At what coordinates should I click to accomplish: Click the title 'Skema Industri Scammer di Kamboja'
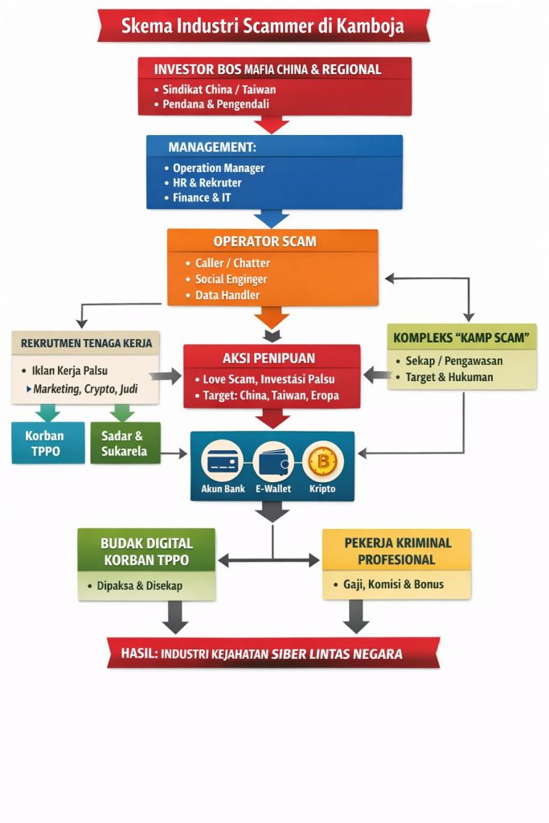[263, 26]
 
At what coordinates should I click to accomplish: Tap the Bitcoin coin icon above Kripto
[323, 461]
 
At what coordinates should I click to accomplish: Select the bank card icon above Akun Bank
[223, 461]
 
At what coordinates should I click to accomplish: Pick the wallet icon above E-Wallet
[273, 461]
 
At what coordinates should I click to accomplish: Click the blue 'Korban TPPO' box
[47, 443]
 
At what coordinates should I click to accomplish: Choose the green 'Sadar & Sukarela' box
[125, 443]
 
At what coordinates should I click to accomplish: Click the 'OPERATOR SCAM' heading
[264, 241]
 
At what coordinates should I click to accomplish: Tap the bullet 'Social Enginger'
[231, 279]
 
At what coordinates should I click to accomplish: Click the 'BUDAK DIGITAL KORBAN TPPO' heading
[146, 551]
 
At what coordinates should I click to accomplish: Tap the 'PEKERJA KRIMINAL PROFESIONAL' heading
[396, 551]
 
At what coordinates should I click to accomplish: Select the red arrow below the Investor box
[272, 124]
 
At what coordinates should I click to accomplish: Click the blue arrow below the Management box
[272, 219]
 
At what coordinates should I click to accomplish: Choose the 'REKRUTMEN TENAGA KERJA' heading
[86, 343]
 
